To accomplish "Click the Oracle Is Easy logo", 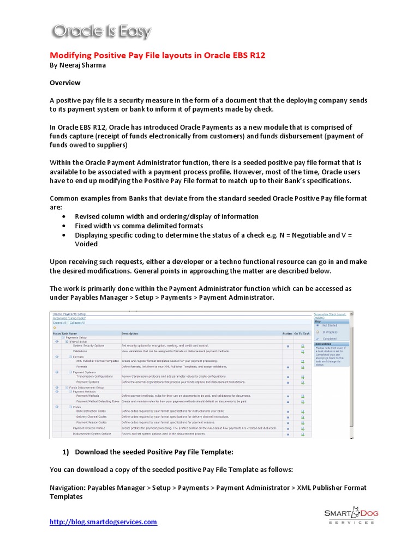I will click(101, 32).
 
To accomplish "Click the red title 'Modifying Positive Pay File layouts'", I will click(157, 56).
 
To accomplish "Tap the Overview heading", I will click(65, 83).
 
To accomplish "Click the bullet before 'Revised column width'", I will click(64, 217).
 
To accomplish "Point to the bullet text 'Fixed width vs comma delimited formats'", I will click(139, 226).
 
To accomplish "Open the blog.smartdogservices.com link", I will click(103, 521).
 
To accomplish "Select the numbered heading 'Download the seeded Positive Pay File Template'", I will click(154, 452).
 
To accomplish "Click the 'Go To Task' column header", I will click(302, 333).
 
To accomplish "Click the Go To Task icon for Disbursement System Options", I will click(302, 434).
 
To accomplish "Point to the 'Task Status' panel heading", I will click(322, 344).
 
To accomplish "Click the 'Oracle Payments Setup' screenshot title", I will click(69, 314).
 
